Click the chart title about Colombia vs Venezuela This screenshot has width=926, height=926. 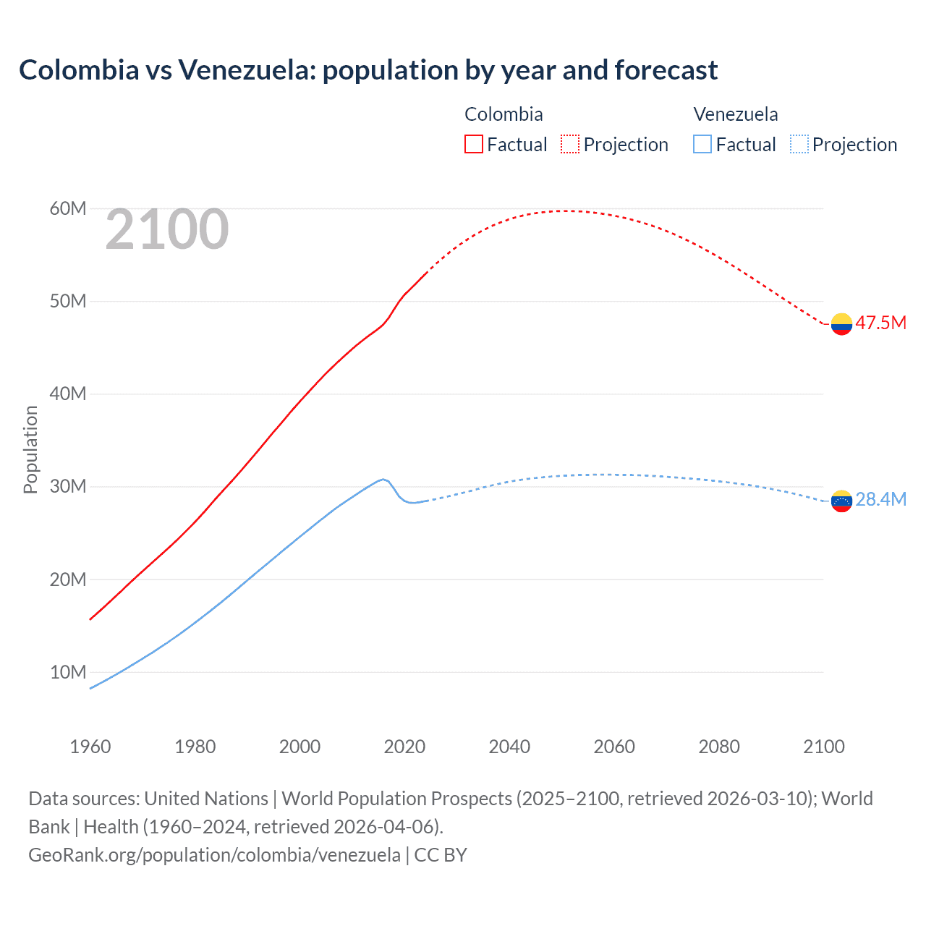tap(368, 70)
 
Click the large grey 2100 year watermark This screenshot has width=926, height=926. tap(167, 229)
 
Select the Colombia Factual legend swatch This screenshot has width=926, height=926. tap(473, 144)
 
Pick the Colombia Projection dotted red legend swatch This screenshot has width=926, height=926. tap(570, 144)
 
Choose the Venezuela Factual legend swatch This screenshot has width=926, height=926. tap(702, 144)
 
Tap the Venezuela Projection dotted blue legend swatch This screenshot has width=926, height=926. tap(799, 144)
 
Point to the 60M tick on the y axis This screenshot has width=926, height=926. tap(68, 208)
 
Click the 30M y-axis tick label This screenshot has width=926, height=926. tap(68, 486)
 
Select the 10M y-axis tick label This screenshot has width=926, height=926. tap(68, 672)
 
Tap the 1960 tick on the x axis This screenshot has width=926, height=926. tap(90, 747)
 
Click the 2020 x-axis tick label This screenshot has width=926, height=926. tap(404, 747)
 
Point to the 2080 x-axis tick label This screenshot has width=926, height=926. tap(719, 747)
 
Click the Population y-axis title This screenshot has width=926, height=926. tap(30, 449)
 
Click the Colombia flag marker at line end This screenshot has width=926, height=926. tap(841, 324)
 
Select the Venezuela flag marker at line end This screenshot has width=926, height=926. tap(841, 501)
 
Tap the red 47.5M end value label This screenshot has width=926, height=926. tap(880, 323)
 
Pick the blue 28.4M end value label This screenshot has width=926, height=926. tap(880, 499)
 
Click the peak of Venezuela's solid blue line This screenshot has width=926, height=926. tap(383, 479)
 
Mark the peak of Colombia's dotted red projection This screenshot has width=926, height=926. tap(564, 211)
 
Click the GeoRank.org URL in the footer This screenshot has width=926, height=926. tap(214, 855)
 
